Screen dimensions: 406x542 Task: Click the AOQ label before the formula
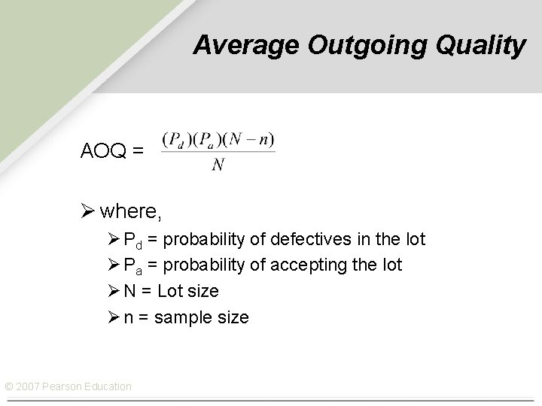point(105,151)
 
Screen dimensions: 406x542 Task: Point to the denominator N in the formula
point(218,165)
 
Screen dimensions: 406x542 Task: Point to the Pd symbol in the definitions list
point(132,241)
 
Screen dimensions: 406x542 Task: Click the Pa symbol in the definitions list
point(132,266)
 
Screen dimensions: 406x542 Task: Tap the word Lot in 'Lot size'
point(170,291)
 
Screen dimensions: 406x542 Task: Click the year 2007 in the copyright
point(29,386)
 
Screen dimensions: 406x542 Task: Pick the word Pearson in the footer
point(62,386)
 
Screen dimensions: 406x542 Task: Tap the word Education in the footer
point(107,386)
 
